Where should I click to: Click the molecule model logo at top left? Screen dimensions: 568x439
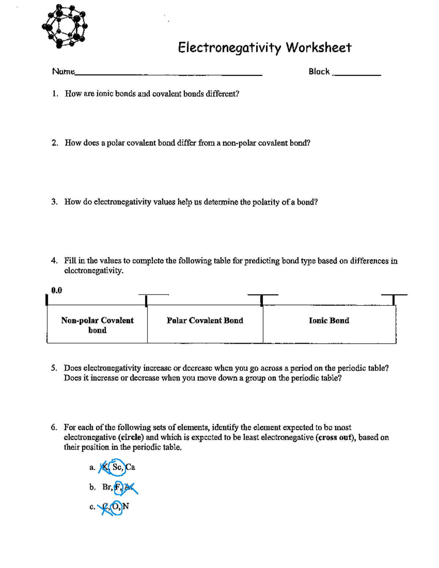[65, 26]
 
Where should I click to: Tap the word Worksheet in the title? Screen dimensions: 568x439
[318, 48]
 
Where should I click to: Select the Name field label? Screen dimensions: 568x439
[63, 71]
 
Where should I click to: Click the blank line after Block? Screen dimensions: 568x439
[357, 74]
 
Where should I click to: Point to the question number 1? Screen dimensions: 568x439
[55, 94]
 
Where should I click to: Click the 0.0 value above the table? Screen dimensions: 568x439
[57, 290]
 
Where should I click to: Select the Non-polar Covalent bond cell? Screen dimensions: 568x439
[97, 325]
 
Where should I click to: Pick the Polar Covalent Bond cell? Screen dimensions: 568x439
[205, 321]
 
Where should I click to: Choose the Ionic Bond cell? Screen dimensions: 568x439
[329, 321]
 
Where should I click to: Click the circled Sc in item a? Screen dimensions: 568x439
[117, 467]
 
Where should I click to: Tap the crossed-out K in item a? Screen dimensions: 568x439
[105, 467]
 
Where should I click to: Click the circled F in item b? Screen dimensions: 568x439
[118, 487]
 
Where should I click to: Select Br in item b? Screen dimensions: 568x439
[107, 487]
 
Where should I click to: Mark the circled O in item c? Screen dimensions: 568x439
[116, 507]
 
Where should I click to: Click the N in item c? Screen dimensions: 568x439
[126, 507]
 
